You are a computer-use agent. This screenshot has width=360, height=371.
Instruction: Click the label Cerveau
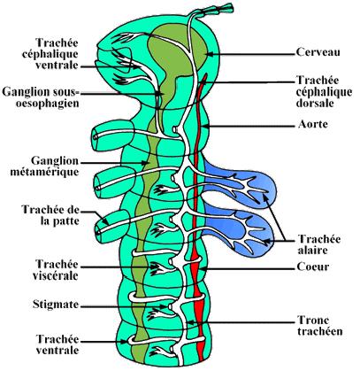point(318,52)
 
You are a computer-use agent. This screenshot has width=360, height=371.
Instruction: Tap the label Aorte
point(313,124)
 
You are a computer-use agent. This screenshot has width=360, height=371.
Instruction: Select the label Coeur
point(313,267)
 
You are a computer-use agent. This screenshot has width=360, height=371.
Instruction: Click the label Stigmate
point(56,305)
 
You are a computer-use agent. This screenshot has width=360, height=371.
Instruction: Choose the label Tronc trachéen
point(320,326)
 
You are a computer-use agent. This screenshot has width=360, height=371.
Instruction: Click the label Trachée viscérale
point(56,270)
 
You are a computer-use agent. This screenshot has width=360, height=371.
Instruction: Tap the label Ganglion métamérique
point(45,166)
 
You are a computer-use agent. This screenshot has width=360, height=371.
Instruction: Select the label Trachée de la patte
point(50,215)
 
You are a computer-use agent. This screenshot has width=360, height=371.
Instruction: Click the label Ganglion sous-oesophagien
point(41,97)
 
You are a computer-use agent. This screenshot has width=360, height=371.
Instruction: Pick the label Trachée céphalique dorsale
point(324,91)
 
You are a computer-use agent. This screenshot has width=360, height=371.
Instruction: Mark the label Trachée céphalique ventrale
point(50,54)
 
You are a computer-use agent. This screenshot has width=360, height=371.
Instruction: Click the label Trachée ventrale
point(57,344)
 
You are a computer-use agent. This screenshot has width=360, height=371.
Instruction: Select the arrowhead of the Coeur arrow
point(202,269)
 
